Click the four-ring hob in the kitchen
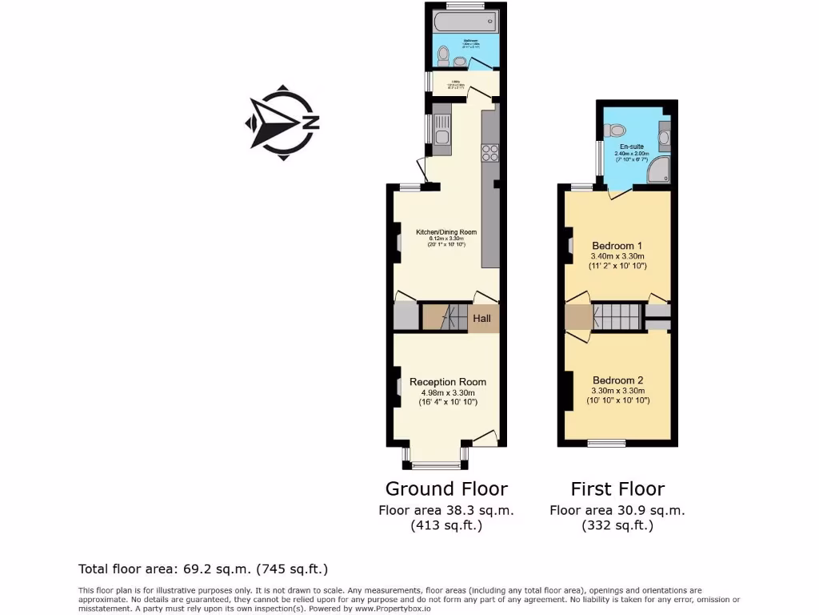point(489,152)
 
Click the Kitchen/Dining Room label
point(445,232)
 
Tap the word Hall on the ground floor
point(481,319)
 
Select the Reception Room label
point(447,382)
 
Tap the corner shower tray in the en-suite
point(659,169)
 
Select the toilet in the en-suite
point(615,131)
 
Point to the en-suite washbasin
point(664,135)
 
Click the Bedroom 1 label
point(617,245)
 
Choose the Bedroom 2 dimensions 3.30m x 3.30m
point(618,391)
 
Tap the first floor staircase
point(617,317)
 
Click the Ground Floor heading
point(446,488)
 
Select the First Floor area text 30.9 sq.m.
point(617,510)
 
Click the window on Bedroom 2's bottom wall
point(606,443)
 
